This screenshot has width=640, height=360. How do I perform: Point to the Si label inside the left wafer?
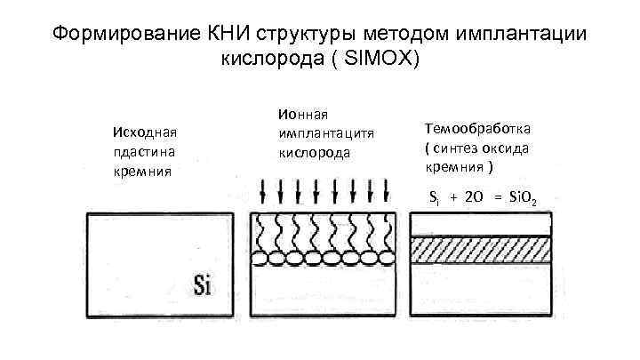click(x=202, y=286)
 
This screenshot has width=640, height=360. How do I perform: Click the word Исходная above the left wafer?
click(x=140, y=132)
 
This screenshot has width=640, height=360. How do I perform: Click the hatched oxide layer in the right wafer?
click(x=480, y=250)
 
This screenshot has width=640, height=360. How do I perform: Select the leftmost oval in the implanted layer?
click(x=262, y=259)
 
